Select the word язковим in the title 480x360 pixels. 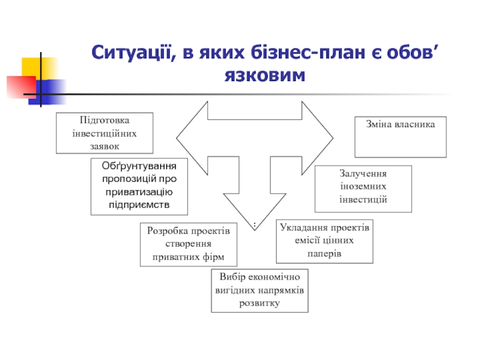point(265,76)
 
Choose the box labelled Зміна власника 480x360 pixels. point(400,137)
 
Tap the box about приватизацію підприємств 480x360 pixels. point(139,186)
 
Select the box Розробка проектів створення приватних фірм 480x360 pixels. point(188,244)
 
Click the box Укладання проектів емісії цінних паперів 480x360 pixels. point(325,241)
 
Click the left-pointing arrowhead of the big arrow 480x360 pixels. point(191,137)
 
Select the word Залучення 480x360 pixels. point(363,173)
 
